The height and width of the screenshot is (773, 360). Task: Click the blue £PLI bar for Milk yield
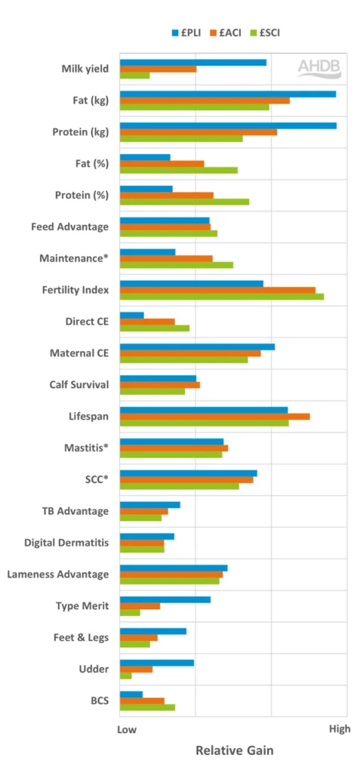(192, 62)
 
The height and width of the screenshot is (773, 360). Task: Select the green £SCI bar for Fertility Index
(221, 296)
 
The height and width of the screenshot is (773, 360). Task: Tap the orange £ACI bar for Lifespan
(214, 416)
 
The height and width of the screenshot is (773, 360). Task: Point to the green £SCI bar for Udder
(125, 676)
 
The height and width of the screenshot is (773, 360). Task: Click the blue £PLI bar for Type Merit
(165, 599)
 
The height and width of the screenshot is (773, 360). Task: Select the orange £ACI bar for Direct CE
(147, 322)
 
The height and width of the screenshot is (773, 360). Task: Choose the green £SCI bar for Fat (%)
(178, 170)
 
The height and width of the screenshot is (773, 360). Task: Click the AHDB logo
(318, 67)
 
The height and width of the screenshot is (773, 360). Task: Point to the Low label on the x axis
(127, 729)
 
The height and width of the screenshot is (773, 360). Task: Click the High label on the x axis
(340, 729)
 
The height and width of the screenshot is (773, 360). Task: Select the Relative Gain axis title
(234, 751)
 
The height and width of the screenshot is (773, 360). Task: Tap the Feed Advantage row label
(69, 226)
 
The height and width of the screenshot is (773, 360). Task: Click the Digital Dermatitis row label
(66, 543)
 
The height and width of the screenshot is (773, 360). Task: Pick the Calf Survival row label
(78, 385)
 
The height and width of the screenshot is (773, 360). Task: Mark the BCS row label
(99, 701)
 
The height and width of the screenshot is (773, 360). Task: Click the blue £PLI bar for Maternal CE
(197, 346)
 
